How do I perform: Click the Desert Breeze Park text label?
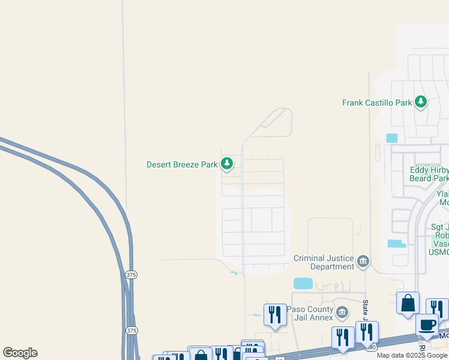click(x=182, y=164)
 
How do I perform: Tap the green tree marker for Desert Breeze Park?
click(x=227, y=163)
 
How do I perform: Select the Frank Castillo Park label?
click(x=377, y=103)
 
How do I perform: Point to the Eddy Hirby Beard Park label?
click(x=429, y=174)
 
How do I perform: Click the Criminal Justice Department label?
click(x=324, y=262)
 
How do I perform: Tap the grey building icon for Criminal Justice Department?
click(x=363, y=261)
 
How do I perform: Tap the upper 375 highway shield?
click(x=131, y=274)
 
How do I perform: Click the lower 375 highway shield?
click(x=131, y=330)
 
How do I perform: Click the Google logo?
click(x=20, y=353)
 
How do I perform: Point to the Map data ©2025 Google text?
click(x=412, y=355)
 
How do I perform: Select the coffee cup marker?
click(x=427, y=325)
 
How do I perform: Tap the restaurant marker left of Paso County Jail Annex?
click(x=275, y=314)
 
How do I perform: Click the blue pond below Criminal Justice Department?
click(x=303, y=283)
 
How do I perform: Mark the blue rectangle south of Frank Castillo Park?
click(x=392, y=137)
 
